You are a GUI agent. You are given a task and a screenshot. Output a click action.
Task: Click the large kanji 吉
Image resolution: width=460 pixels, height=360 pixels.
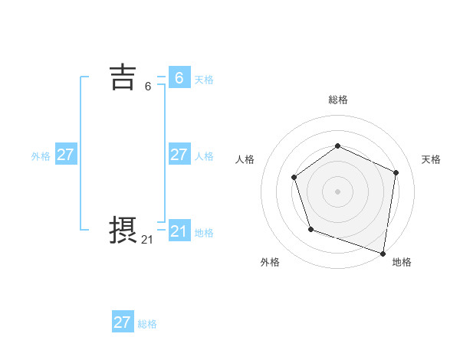tap(123, 77)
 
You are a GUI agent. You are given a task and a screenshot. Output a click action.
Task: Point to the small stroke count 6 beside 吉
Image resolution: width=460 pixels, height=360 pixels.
tap(148, 87)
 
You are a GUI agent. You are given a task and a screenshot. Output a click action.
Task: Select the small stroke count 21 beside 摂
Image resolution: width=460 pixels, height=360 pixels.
tap(147, 240)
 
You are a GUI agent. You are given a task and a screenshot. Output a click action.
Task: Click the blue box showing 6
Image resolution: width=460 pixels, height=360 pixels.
tap(179, 78)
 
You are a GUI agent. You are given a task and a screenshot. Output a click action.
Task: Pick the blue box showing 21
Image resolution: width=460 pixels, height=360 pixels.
tap(179, 231)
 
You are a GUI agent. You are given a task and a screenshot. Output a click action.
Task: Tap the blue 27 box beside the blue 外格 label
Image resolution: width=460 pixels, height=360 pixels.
tap(65, 155)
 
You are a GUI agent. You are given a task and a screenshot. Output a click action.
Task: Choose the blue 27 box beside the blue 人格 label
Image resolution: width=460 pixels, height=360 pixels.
tap(179, 155)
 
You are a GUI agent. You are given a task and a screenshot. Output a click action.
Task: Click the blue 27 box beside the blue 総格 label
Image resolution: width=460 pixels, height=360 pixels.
tap(123, 322)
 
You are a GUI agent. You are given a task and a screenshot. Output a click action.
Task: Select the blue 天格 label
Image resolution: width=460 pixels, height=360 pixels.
tap(204, 80)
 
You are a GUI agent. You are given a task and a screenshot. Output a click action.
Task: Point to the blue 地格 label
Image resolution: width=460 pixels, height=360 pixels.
tap(204, 233)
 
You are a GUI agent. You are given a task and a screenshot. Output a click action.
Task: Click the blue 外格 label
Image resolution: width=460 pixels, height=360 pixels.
tap(41, 156)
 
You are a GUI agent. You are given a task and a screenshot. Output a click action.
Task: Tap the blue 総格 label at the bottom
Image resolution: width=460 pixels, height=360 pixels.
tap(147, 324)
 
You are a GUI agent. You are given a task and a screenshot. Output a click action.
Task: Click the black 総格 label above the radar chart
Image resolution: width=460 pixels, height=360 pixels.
tap(337, 100)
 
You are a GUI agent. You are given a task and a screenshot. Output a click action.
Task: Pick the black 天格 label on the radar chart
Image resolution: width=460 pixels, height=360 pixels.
tap(431, 159)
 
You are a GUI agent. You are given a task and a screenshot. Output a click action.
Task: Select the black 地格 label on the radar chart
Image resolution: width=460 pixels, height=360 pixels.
tap(402, 262)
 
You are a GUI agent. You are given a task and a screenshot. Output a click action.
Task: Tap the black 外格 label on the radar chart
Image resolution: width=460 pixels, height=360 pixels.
tap(270, 262)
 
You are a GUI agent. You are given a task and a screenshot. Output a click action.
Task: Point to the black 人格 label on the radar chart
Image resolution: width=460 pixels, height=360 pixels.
tap(245, 159)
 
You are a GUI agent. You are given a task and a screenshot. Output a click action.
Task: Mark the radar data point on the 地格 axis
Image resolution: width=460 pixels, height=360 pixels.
tap(383, 251)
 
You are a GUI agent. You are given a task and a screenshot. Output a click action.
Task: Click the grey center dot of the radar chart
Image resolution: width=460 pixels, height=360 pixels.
tap(337, 191)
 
